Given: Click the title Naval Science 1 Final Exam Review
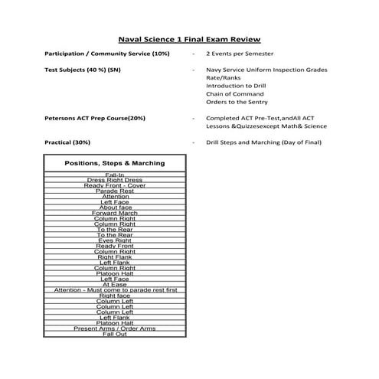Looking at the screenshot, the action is [x=190, y=38].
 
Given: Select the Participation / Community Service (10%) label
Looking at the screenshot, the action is [x=107, y=54].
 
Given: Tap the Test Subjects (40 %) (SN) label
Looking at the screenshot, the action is [x=83, y=70].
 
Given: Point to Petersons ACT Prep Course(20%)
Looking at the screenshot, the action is [x=95, y=118].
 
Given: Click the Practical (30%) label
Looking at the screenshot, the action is [x=68, y=142].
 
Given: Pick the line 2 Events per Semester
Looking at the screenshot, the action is [x=240, y=54].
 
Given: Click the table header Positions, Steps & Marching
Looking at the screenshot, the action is [x=115, y=163].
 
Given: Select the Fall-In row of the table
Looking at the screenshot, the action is [x=115, y=175].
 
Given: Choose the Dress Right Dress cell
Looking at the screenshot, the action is [x=115, y=180].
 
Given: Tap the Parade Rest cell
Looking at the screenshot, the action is [x=115, y=191].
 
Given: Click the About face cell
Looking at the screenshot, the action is [x=115, y=207].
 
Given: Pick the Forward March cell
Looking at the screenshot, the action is [x=115, y=212].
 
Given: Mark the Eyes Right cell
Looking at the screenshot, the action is [x=115, y=240].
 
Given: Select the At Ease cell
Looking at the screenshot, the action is [x=115, y=284].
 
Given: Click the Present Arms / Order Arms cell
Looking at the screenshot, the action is [x=115, y=328].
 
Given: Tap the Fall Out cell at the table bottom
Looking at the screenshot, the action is [x=115, y=334].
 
